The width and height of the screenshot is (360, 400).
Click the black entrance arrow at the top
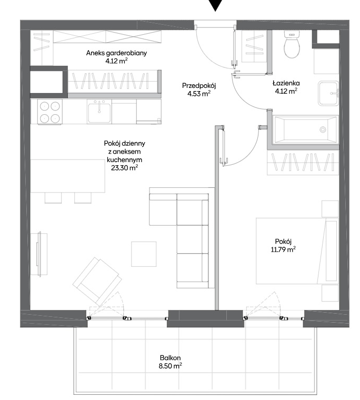click(x=216, y=5)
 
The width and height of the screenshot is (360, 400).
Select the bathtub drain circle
click(x=323, y=129)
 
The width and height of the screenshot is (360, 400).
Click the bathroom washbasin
click(x=328, y=93)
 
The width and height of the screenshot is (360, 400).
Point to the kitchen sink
click(x=99, y=111)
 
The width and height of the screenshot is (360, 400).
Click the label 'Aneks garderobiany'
click(x=116, y=53)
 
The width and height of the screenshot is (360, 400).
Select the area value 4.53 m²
click(x=199, y=94)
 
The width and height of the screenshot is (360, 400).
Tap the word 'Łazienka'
click(x=286, y=83)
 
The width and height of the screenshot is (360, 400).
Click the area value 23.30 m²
click(x=125, y=168)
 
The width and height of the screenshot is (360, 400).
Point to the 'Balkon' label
click(x=171, y=358)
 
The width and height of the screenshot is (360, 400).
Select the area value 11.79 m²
click(x=283, y=249)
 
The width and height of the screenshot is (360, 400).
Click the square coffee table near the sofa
click(x=144, y=254)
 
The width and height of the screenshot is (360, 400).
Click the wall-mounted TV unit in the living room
click(x=39, y=254)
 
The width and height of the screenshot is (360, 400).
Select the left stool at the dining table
click(x=53, y=198)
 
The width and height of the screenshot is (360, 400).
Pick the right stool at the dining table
click(x=83, y=198)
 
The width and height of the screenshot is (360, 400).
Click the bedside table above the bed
click(x=330, y=209)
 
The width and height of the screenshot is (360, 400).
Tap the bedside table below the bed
click(x=330, y=293)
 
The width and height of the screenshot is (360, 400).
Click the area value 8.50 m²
click(x=171, y=366)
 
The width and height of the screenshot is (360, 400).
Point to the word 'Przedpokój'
click(x=199, y=86)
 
